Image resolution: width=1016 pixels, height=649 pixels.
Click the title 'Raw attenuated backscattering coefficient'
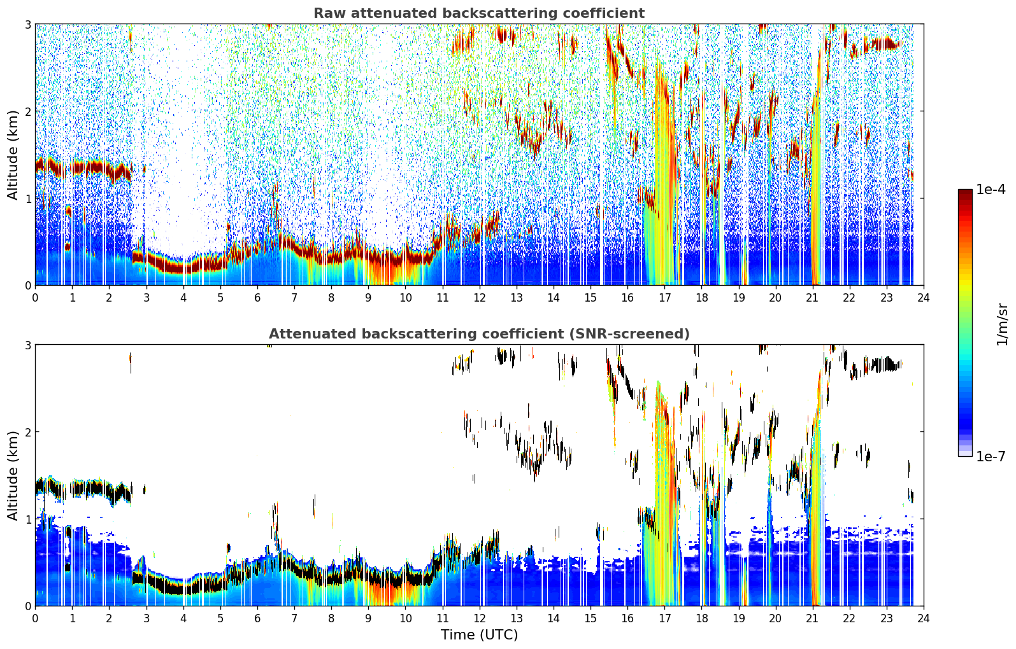pyautogui.click(x=479, y=13)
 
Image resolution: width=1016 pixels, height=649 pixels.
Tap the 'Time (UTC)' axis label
pyautogui.click(x=479, y=634)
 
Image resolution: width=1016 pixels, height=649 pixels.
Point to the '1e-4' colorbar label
pyautogui.click(x=991, y=190)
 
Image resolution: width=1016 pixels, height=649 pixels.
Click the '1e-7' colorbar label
pyautogui.click(x=991, y=456)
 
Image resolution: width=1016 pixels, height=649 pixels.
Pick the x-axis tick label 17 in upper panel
pyautogui.click(x=664, y=298)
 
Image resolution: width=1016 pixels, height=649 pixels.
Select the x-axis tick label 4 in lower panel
pyautogui.click(x=183, y=618)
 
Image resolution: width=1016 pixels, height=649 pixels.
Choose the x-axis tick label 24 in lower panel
pyautogui.click(x=924, y=618)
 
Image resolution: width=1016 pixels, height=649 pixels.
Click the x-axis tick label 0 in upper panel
pyautogui.click(x=36, y=298)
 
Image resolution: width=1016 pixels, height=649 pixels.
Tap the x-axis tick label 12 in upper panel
pyautogui.click(x=480, y=298)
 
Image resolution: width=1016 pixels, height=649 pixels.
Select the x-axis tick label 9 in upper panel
pyautogui.click(x=368, y=298)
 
